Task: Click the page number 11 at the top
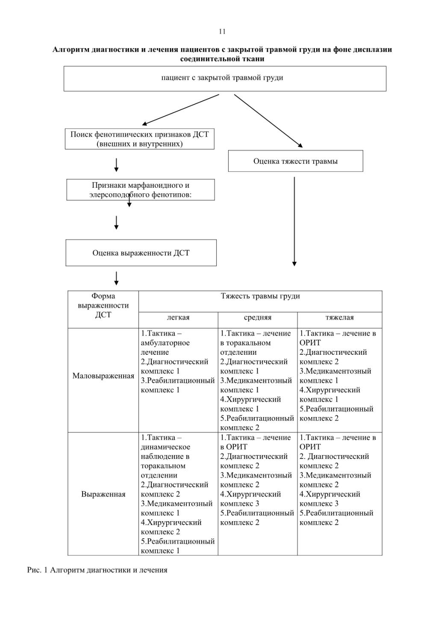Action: point(222,32)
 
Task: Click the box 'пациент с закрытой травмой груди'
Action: point(225,79)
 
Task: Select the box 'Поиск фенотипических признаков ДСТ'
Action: point(139,139)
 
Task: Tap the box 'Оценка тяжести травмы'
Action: point(296,161)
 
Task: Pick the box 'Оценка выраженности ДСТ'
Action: point(141,253)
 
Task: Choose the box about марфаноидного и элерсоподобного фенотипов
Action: point(140,190)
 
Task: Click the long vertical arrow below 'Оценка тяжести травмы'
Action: point(294,221)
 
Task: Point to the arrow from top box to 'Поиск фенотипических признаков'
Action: point(180,110)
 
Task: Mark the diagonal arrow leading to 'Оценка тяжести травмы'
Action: point(268,121)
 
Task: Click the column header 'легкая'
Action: point(178,317)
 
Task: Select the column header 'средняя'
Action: point(258,317)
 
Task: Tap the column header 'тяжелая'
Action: point(340,317)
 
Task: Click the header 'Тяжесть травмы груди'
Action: point(260,296)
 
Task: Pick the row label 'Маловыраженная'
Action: point(103,376)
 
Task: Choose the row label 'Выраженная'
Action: point(103,494)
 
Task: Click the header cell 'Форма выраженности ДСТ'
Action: point(103,305)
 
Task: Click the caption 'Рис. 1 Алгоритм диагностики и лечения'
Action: point(97,570)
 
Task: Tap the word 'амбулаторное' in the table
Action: point(165,343)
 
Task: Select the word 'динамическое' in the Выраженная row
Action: point(165,447)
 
